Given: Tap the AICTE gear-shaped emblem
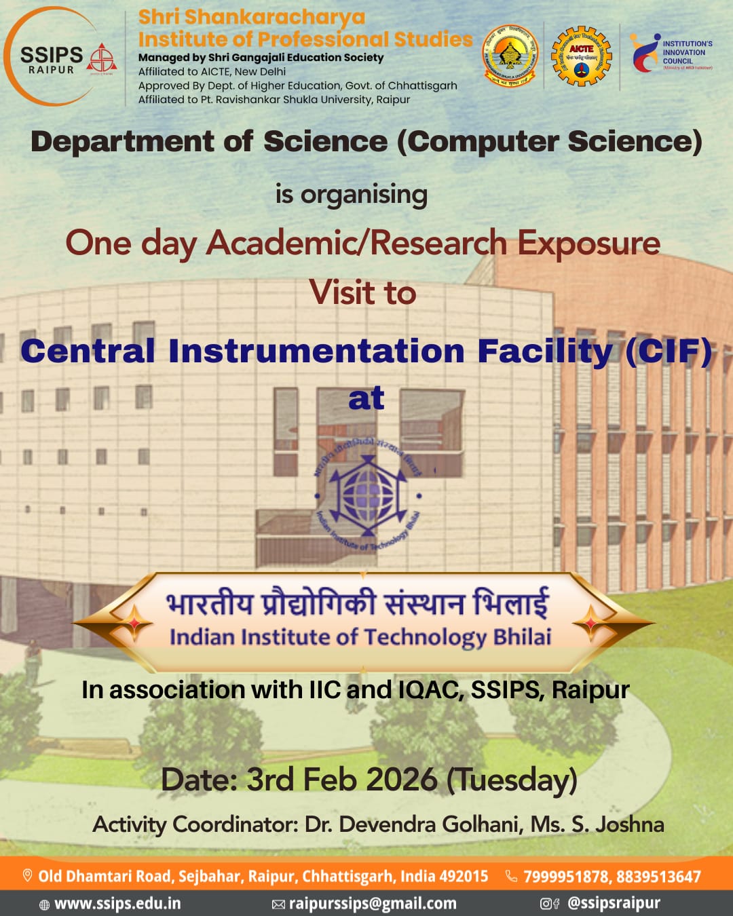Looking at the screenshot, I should tap(581, 57).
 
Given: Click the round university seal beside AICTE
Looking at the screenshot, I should tap(510, 56).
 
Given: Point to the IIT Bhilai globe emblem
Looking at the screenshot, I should tap(367, 493).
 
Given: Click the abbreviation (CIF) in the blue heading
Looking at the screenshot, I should tap(669, 351).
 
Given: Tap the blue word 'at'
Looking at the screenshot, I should tap(366, 398).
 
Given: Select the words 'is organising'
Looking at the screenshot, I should tap(352, 195).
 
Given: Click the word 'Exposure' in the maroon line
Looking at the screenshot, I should tap(588, 243).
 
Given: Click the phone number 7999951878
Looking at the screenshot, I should tap(565, 877).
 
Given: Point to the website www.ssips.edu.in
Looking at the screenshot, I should tap(117, 904).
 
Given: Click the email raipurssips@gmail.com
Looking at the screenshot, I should tap(373, 904).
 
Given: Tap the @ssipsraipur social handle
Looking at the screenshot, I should tap(613, 904).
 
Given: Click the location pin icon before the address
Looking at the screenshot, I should tap(28, 876).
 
